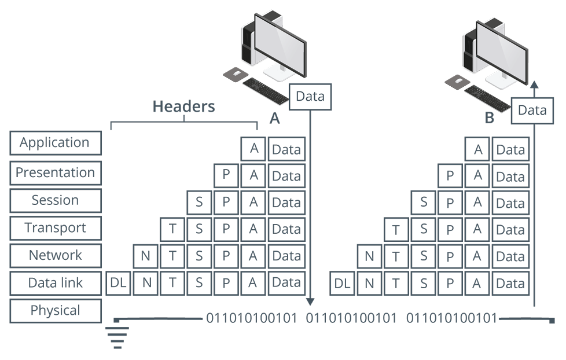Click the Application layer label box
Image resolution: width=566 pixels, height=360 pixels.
click(55, 143)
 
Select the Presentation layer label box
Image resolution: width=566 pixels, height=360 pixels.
click(55, 172)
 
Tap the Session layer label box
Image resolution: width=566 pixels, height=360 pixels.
click(55, 200)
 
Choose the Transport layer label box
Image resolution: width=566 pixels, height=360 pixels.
click(55, 228)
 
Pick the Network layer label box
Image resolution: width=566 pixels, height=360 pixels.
click(55, 256)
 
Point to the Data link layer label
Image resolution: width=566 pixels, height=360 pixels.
click(55, 283)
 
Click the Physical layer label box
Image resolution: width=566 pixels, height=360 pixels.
click(55, 311)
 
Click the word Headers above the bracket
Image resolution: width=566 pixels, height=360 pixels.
click(183, 106)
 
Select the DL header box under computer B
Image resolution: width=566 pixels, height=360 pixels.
click(343, 284)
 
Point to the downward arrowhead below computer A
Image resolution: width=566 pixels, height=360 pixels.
click(310, 301)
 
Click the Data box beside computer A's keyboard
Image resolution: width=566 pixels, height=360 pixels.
click(310, 97)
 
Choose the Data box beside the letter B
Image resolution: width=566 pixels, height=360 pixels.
click(532, 110)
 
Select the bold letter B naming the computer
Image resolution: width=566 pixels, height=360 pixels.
click(489, 118)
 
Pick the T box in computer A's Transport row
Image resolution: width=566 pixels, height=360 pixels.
click(172, 229)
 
